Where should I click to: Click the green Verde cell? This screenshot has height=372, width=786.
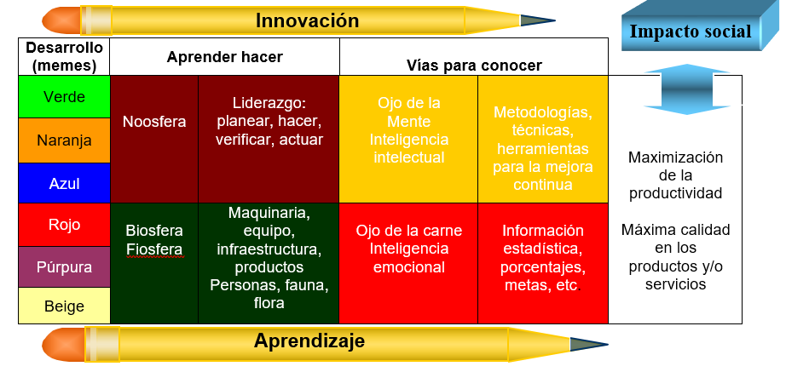click(64, 97)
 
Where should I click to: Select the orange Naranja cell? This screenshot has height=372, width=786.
click(64, 140)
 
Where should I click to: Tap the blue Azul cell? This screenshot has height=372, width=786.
click(64, 183)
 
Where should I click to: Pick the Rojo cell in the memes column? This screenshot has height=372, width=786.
click(64, 225)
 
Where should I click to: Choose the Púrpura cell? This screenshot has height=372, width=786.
click(64, 266)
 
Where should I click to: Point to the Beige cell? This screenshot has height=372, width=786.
click(64, 306)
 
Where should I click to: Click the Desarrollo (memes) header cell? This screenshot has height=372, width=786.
click(64, 56)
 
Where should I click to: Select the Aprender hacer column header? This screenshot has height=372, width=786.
click(224, 56)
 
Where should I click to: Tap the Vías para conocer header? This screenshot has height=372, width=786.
click(474, 56)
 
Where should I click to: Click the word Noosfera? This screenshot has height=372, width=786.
click(154, 122)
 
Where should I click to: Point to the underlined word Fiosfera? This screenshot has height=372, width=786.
click(154, 249)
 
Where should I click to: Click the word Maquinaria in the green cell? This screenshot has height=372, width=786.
click(269, 213)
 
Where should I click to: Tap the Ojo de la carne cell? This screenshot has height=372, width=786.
click(408, 263)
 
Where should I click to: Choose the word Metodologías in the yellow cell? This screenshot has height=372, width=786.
click(543, 112)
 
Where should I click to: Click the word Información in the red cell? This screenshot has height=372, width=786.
click(543, 231)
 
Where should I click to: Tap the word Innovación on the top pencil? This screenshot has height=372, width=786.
click(307, 20)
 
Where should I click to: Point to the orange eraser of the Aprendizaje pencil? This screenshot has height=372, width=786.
click(63, 345)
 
